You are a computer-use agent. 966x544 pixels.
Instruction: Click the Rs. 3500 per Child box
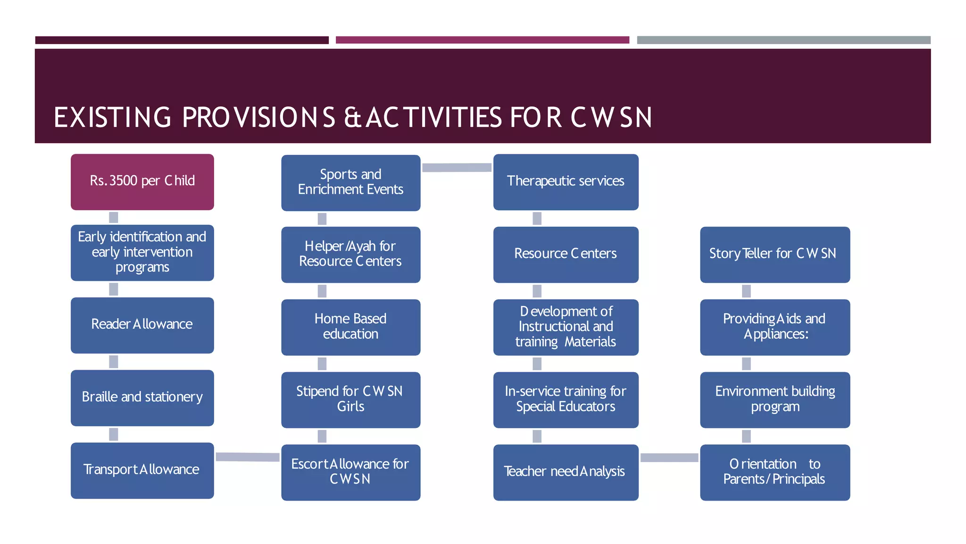(142, 182)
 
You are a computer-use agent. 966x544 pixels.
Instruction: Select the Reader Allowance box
(142, 325)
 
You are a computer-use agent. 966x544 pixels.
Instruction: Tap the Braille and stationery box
(142, 398)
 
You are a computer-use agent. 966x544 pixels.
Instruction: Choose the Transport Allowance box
(142, 470)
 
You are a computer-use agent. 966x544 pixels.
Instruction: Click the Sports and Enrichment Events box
(350, 182)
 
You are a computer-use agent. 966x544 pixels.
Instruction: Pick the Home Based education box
(350, 327)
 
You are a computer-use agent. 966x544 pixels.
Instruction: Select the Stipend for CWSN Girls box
(350, 399)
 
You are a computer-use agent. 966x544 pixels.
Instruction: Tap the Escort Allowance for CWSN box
(350, 472)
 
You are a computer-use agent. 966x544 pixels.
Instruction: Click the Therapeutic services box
(566, 182)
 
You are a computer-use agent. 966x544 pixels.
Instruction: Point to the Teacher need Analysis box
(566, 472)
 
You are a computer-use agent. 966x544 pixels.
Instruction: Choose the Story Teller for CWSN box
(774, 255)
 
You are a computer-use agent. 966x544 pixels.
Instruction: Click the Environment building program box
(774, 399)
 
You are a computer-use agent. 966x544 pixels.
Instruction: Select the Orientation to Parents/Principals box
(774, 472)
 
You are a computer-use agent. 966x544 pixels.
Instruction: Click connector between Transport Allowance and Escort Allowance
(248, 457)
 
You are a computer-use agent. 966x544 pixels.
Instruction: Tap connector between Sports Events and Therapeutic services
(457, 168)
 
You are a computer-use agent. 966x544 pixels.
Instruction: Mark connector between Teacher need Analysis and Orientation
(669, 458)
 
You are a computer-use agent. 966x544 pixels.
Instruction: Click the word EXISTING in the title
(112, 118)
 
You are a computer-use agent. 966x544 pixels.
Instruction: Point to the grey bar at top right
(783, 40)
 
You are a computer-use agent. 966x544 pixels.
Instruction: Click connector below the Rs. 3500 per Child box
(114, 217)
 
